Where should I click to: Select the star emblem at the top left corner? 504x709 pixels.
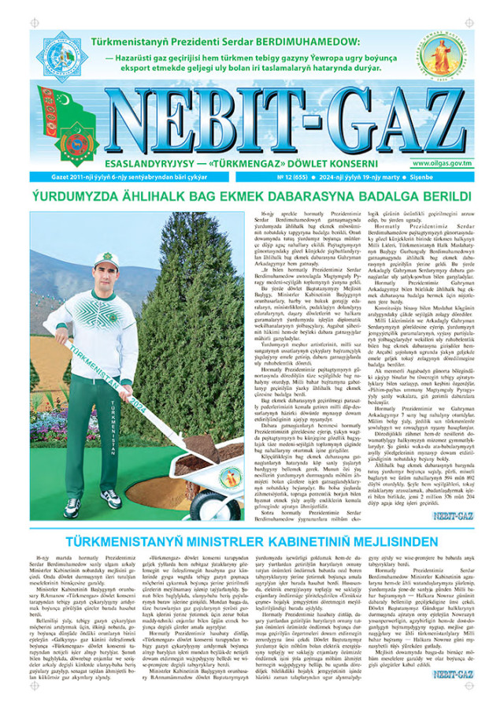point(61,56)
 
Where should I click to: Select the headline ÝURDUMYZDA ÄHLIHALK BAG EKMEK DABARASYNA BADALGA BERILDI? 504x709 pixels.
point(252,197)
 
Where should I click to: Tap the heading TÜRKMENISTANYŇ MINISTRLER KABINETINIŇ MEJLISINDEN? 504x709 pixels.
point(252,542)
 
